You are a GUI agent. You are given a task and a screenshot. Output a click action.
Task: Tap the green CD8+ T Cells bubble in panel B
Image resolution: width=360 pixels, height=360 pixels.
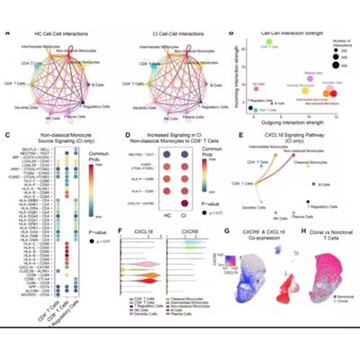pyautogui.click(x=269, y=42)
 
